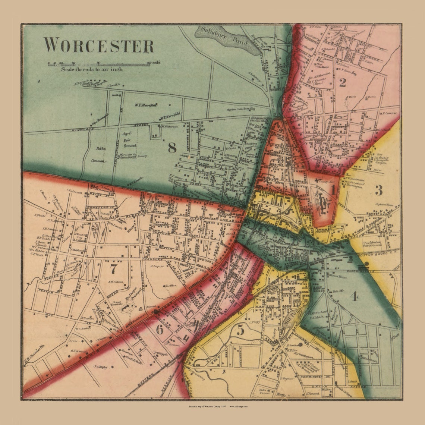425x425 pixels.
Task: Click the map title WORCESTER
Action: (99, 45)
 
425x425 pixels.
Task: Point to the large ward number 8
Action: (172, 148)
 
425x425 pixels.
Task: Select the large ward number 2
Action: (342, 82)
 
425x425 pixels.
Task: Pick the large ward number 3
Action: (378, 191)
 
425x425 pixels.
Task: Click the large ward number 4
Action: (354, 296)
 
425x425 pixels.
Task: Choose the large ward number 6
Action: (160, 330)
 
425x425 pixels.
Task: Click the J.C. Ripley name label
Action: (101, 367)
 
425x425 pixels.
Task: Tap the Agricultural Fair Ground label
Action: (129, 141)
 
